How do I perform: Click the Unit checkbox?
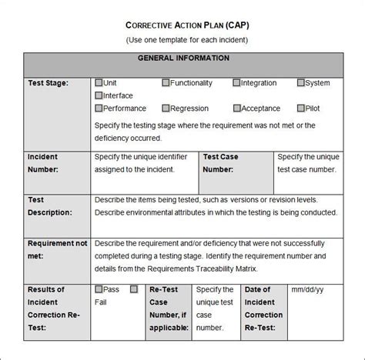(99, 83)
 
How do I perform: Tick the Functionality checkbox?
(166, 83)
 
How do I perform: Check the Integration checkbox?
(236, 83)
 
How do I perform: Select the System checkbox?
(300, 83)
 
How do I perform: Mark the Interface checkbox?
(99, 95)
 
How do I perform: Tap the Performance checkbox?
(99, 109)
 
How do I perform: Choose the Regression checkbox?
(166, 109)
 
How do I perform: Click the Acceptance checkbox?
(236, 109)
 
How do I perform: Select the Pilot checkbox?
(300, 109)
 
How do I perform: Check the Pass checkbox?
(99, 289)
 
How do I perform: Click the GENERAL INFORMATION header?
(182, 58)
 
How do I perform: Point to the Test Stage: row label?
(49, 83)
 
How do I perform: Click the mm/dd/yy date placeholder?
(308, 290)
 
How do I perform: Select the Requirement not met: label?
(55, 249)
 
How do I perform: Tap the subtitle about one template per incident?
(182, 38)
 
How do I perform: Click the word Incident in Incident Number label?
(43, 157)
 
